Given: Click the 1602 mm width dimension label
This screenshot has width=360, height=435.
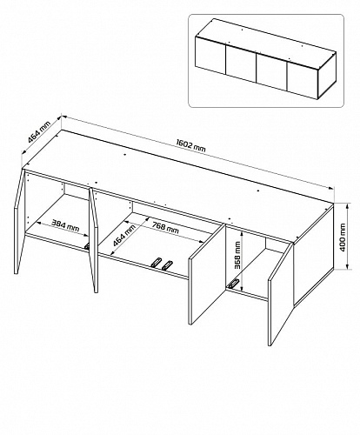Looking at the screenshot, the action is [190, 145].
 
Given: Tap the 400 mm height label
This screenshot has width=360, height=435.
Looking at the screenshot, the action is [343, 238].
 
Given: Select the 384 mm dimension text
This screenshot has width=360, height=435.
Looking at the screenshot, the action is [65, 225].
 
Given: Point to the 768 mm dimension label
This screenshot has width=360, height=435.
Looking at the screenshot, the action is [165, 228].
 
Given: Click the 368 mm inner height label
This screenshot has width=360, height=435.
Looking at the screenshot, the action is [237, 255].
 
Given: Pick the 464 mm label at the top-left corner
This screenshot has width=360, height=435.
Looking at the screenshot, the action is [39, 131].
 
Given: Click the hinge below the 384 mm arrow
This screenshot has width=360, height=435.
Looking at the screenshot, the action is [87, 246].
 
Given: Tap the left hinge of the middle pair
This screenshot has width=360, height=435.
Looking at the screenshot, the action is [156, 262].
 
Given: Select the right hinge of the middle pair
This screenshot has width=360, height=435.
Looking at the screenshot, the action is [167, 265].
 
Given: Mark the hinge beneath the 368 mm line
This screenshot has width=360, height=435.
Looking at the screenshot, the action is [233, 284].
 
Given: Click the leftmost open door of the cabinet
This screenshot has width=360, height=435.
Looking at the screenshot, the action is [19, 221].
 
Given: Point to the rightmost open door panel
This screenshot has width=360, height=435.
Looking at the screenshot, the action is [281, 293].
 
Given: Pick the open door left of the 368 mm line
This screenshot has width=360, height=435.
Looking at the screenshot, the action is [207, 273].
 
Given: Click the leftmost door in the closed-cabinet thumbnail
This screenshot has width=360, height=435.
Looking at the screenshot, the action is [210, 55].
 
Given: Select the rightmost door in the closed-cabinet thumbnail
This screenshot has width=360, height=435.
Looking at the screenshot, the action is [303, 81].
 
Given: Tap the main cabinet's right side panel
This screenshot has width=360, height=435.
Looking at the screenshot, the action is [314, 255].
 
